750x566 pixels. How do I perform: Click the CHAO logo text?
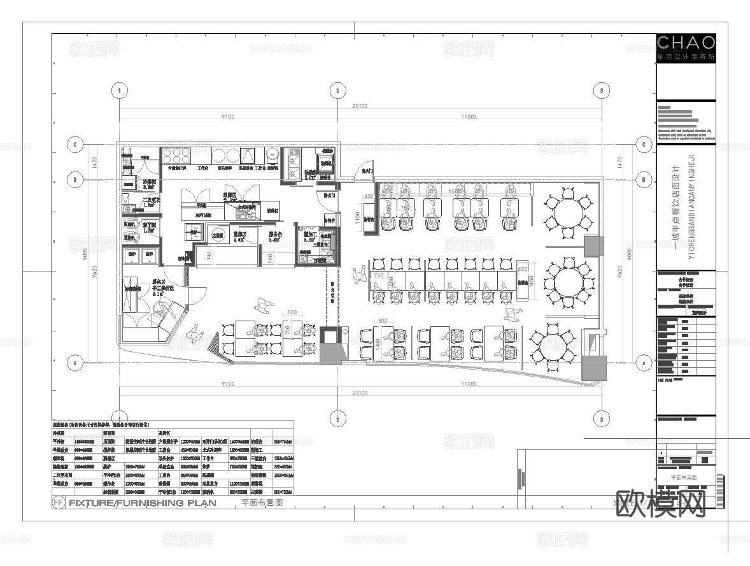(685, 43)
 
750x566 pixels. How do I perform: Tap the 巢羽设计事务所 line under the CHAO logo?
(685, 57)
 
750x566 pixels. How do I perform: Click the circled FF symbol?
(58, 502)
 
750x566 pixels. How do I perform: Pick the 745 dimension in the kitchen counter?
(209, 255)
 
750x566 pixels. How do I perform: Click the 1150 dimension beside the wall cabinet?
(358, 217)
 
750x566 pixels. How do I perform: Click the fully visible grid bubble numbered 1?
(119, 91)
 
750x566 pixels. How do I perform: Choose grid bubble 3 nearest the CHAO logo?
(600, 91)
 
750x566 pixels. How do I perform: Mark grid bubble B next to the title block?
(644, 180)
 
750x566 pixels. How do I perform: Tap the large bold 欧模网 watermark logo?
(662, 504)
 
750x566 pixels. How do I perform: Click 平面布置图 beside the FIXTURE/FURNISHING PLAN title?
(262, 502)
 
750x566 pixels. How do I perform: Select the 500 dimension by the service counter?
(270, 257)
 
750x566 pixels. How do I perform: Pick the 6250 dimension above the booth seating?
(455, 191)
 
